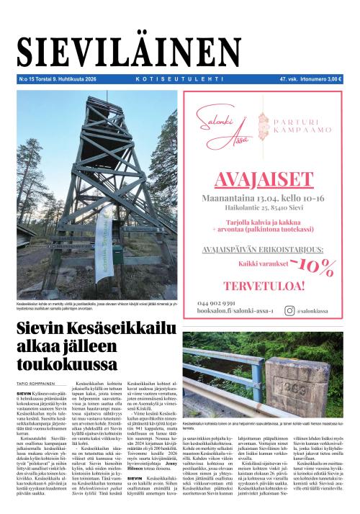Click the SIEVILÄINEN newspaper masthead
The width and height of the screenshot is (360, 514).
click(179, 52)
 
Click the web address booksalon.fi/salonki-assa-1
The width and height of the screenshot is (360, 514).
click(235, 311)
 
